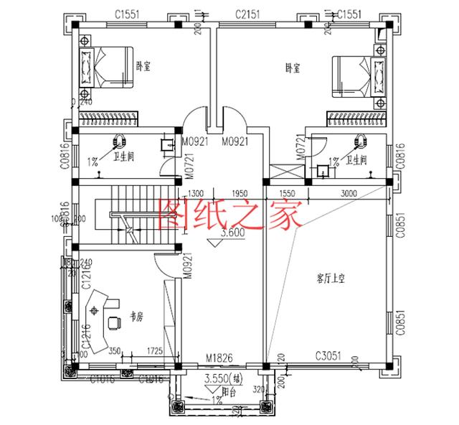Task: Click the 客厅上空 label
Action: (x=330, y=276)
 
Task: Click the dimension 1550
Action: (x=288, y=193)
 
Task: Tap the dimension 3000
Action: (x=349, y=193)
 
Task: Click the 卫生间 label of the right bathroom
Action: (x=356, y=159)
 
